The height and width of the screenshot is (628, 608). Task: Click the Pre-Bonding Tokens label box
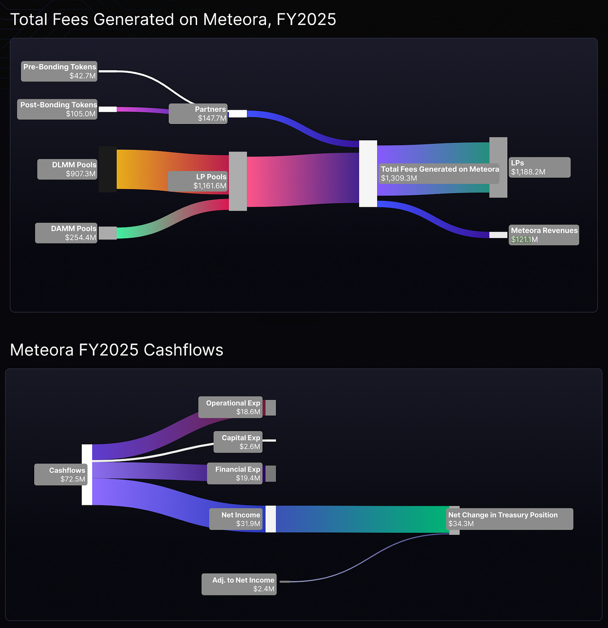[x=59, y=71]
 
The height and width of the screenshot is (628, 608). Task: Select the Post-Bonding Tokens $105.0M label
[x=57, y=109]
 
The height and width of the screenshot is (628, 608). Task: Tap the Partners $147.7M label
[x=198, y=114]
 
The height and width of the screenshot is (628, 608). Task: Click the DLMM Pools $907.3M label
[x=67, y=169]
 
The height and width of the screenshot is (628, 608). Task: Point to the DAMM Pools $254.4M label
[x=66, y=233]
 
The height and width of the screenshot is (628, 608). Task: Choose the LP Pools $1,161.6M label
[x=198, y=181]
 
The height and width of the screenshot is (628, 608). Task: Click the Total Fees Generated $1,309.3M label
[x=439, y=174]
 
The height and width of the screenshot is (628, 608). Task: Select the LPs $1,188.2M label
[x=539, y=167]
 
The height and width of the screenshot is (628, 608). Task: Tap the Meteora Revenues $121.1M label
[x=544, y=235]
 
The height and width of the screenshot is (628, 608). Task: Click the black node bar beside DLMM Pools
[x=107, y=169]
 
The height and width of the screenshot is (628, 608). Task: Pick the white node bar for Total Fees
[x=368, y=174]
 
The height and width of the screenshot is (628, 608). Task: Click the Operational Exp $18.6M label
[x=231, y=407]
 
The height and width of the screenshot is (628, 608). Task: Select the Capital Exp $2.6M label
[x=238, y=442]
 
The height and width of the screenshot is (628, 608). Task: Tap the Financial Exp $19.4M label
[x=235, y=474]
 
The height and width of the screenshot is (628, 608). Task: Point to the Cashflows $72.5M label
[x=61, y=474]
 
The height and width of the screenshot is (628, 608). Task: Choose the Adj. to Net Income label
[x=239, y=584]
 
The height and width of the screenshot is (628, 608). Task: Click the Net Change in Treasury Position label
[x=509, y=519]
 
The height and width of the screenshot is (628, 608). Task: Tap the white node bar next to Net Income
[x=271, y=519]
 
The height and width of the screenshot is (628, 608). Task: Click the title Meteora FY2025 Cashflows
[x=117, y=350]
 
